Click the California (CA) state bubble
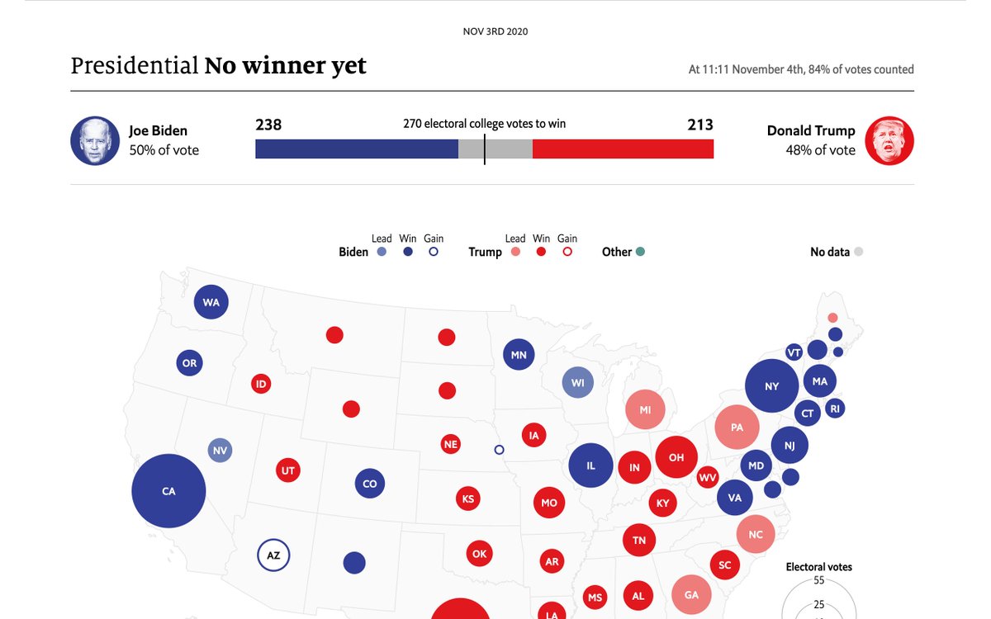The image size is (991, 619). [x=168, y=491]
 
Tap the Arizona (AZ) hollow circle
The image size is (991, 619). [x=273, y=555]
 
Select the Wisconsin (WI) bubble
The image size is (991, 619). [x=577, y=383]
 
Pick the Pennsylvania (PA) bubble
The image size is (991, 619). [x=737, y=428]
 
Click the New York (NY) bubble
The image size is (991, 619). [x=772, y=386]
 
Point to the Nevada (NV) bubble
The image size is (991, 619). [x=220, y=451]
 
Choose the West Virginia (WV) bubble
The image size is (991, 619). [x=708, y=477]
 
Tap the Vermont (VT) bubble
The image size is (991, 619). [x=794, y=352]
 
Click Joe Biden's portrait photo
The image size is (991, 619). [x=95, y=140]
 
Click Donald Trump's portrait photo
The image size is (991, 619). [x=889, y=140]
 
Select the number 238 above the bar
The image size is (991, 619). [x=268, y=125]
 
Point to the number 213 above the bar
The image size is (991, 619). [x=700, y=125]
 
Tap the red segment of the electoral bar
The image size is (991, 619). [x=623, y=149]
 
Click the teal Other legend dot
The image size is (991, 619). [x=640, y=252]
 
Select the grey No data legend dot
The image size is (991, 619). [x=858, y=252]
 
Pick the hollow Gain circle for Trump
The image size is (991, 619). [x=567, y=252]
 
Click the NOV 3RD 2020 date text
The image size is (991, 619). [x=495, y=31]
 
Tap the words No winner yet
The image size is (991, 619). [x=285, y=66]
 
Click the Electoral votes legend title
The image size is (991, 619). [x=818, y=567]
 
